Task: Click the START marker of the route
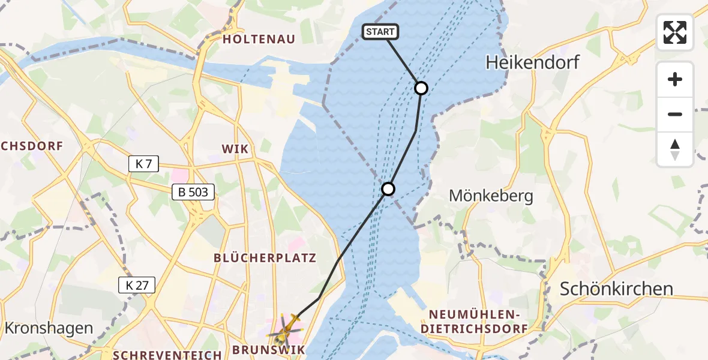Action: click(380, 32)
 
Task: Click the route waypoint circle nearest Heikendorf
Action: click(421, 88)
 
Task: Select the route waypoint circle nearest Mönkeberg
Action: click(388, 189)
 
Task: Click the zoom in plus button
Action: click(675, 79)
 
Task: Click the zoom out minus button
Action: click(675, 114)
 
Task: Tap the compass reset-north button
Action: click(675, 149)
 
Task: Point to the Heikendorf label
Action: click(533, 61)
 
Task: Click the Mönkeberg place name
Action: click(491, 196)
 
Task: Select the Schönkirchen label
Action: click(616, 289)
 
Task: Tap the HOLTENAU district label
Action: click(259, 40)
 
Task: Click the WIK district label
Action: click(235, 148)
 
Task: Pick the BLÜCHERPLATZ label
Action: click(265, 258)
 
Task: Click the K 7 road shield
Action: click(143, 164)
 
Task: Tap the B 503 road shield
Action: click(193, 192)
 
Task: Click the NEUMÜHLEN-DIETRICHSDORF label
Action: click(474, 322)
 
